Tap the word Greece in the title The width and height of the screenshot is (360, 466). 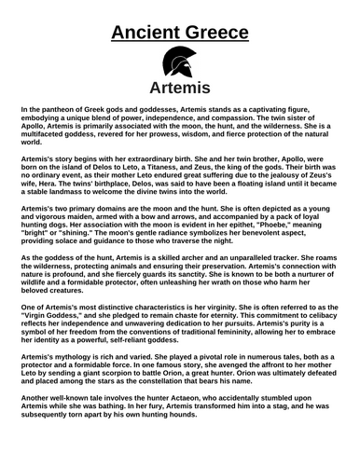click(215, 34)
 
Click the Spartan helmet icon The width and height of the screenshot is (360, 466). click(179, 64)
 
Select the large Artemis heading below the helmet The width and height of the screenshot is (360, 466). click(179, 90)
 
